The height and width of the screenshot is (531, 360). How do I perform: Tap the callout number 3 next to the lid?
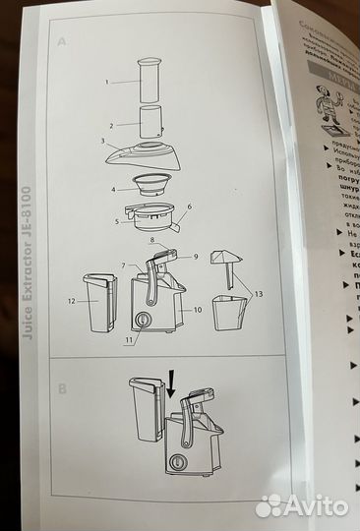[x=101, y=141]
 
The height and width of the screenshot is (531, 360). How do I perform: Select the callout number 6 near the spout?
[x=190, y=207]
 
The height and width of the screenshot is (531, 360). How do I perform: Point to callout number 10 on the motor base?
[x=198, y=310]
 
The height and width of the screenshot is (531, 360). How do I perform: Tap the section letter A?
[x=62, y=43]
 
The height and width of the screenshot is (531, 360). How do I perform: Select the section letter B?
[x=63, y=388]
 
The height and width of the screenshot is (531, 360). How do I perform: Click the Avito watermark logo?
[x=302, y=505]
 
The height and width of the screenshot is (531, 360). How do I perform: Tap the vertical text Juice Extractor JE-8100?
[x=27, y=264]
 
